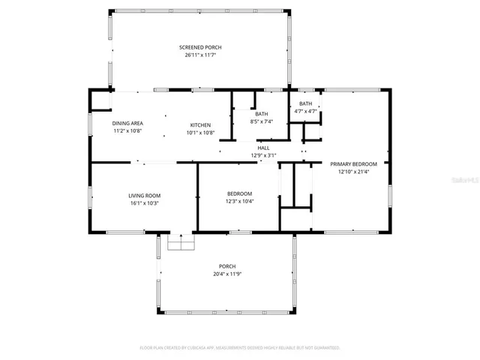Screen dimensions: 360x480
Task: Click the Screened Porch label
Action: (200, 47)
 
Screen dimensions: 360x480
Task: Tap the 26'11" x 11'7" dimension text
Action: (200, 55)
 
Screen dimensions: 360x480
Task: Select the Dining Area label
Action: (127, 124)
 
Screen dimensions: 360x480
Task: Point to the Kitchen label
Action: (200, 124)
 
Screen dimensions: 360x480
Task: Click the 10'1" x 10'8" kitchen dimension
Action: (200, 133)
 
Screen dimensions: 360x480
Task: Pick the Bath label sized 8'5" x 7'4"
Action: (261, 113)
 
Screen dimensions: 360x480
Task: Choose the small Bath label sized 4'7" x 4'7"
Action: (305, 103)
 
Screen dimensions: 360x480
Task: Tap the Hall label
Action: (263, 148)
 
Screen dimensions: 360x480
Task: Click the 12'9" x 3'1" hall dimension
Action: (263, 155)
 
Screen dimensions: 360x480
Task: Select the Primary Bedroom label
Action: (353, 163)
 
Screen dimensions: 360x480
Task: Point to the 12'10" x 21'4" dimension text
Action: (353, 172)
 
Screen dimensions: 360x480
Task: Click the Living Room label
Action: (145, 195)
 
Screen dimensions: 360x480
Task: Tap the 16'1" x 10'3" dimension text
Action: (145, 202)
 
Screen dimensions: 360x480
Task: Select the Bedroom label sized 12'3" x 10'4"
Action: (240, 194)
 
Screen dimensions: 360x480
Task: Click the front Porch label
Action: (227, 266)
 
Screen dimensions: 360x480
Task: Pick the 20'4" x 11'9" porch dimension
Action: (227, 274)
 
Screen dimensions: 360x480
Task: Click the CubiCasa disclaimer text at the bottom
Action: (240, 348)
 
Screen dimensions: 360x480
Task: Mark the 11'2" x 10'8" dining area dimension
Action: (127, 131)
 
